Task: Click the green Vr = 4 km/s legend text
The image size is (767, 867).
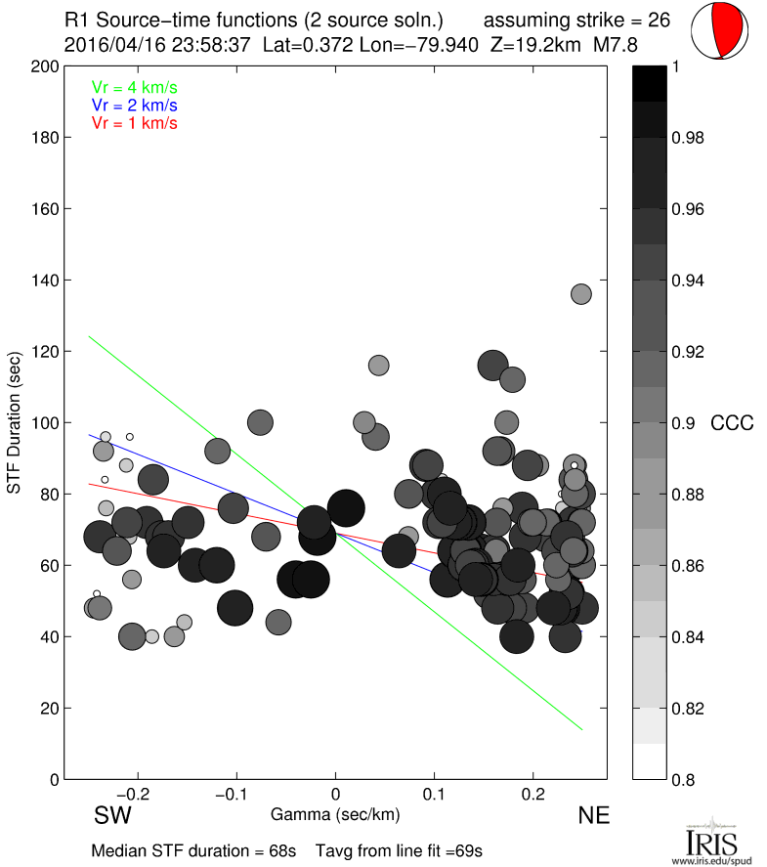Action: [134, 86]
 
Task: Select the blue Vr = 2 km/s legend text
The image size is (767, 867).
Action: [134, 105]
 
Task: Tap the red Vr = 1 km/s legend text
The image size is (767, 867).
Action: [134, 122]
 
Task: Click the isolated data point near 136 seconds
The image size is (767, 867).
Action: [581, 294]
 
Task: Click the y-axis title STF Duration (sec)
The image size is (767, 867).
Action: [15, 421]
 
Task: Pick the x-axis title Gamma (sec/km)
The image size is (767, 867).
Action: [335, 812]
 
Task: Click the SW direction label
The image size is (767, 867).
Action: [112, 816]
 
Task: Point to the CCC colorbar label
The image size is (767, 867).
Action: [732, 423]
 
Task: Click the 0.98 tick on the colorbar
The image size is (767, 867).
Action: [693, 138]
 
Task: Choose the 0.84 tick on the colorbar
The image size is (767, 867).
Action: [693, 637]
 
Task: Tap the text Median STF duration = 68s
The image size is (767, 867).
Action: [193, 849]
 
